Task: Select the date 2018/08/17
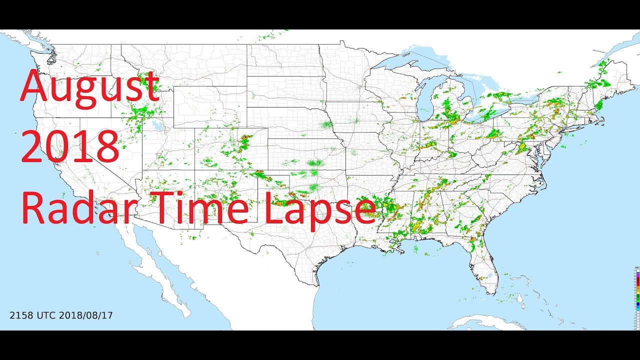(x=86, y=315)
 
